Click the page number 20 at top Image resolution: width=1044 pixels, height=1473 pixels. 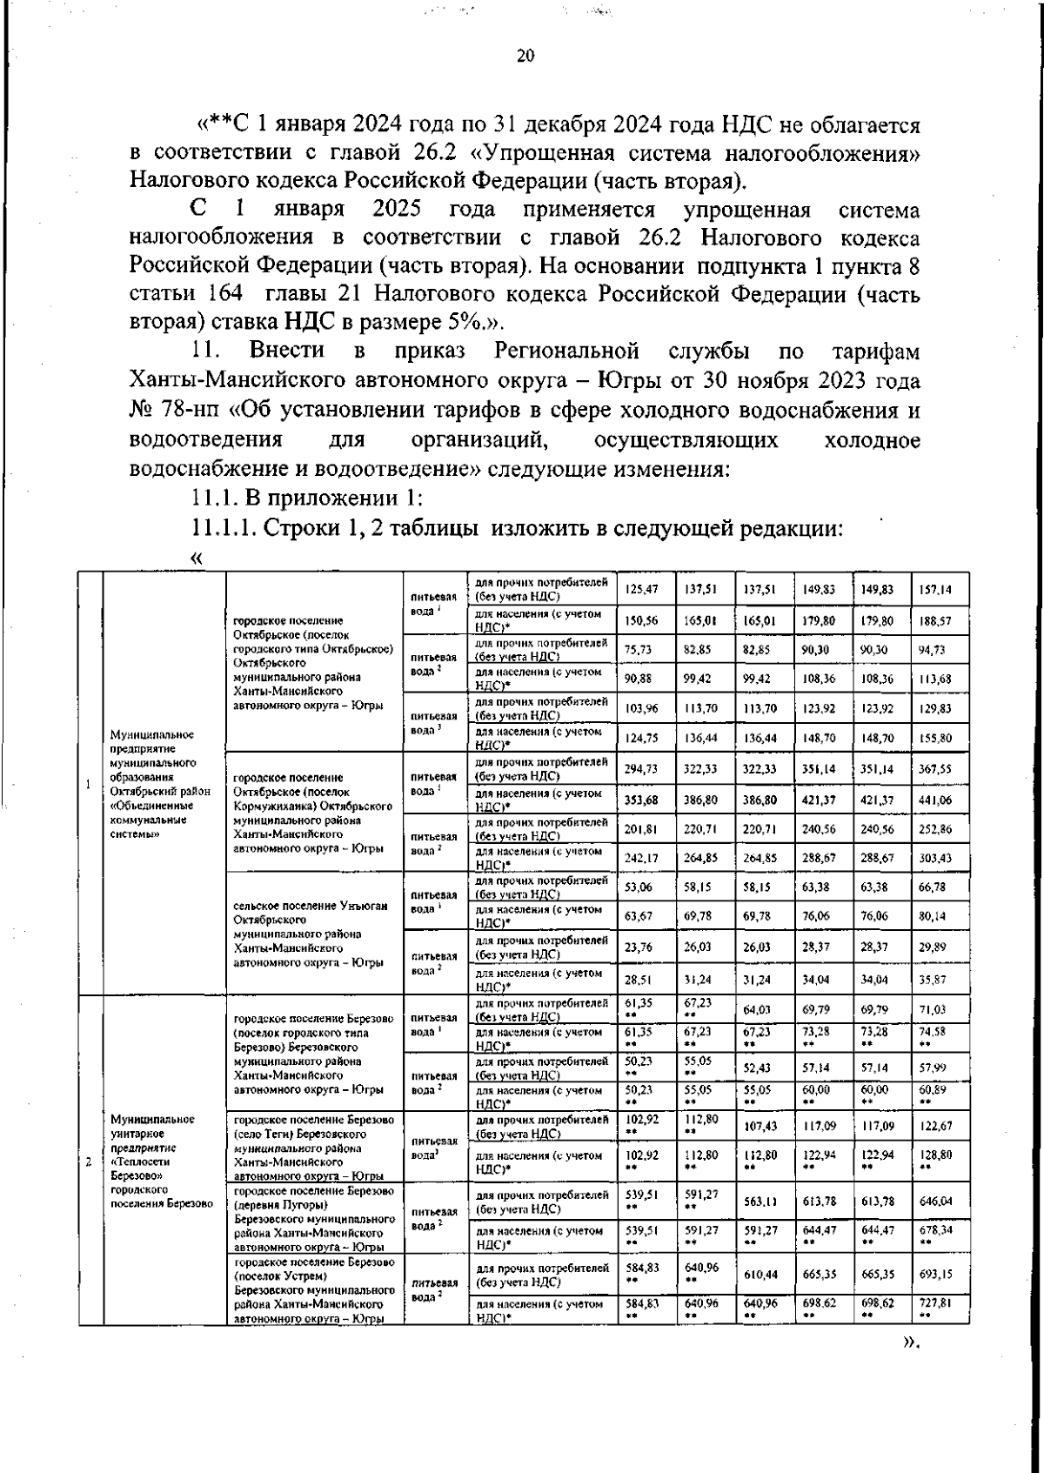[525, 57]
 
